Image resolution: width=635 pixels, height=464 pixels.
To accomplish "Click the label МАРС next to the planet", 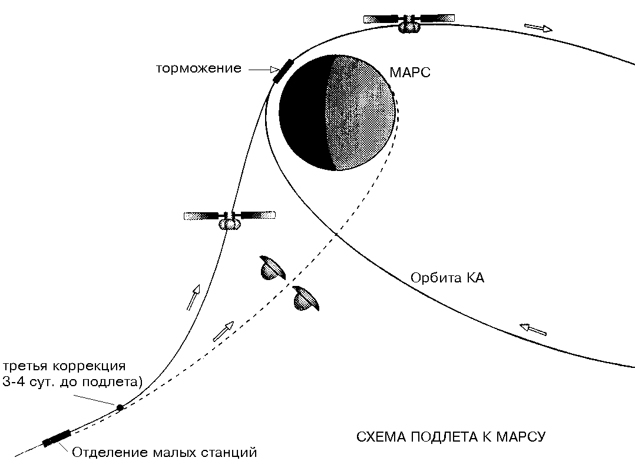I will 410,73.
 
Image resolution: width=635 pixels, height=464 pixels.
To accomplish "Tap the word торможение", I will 199,68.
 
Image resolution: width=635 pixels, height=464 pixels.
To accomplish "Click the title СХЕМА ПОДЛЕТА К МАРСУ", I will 452,437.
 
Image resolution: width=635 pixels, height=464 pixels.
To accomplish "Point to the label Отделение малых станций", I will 164,453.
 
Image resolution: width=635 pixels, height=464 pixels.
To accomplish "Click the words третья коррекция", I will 64,366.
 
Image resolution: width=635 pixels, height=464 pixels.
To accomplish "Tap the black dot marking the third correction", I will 120,407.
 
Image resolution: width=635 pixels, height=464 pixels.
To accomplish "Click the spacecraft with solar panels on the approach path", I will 230,218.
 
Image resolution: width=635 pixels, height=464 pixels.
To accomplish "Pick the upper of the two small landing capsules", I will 272,268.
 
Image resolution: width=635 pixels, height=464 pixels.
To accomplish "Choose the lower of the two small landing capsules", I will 307,298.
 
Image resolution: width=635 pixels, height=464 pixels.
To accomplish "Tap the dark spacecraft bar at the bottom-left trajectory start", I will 57,439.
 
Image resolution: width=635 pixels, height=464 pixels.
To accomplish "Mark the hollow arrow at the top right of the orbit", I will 538,27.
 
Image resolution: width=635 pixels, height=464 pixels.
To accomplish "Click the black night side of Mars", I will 303,112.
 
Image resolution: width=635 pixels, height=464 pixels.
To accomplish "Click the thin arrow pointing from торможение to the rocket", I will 259,70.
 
